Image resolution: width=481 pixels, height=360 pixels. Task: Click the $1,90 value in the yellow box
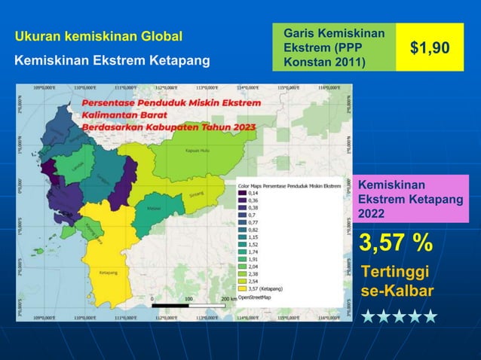pyautogui.click(x=430, y=48)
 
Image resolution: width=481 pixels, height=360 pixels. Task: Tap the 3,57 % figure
pyautogui.click(x=396, y=243)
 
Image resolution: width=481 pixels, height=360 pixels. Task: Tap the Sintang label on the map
pyautogui.click(x=196, y=194)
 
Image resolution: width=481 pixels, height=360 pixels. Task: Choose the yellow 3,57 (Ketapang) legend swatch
pyautogui.click(x=242, y=288)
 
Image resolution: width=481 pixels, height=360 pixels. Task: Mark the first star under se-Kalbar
pyautogui.click(x=369, y=315)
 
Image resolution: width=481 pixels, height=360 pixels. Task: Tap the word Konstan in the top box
pyautogui.click(x=302, y=60)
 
